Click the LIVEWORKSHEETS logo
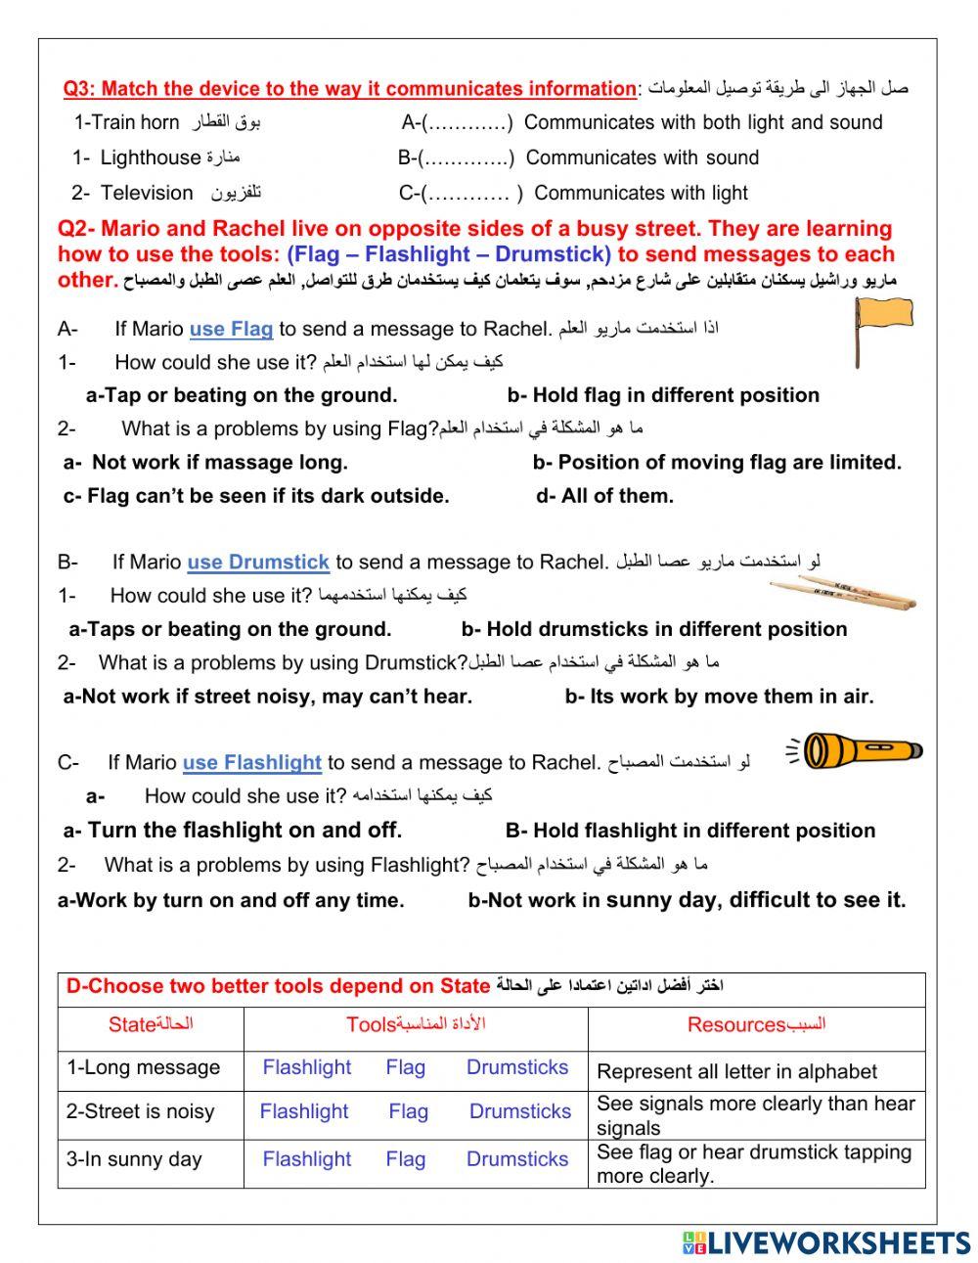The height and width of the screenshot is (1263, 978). [x=826, y=1242]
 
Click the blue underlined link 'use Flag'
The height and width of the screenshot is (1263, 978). [x=231, y=329]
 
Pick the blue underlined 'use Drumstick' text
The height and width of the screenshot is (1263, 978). [x=258, y=563]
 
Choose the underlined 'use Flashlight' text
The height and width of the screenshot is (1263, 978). [x=251, y=762]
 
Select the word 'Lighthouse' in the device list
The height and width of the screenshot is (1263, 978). [x=150, y=158]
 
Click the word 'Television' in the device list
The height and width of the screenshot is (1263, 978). [x=147, y=193]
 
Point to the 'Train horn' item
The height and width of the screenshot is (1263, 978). [x=127, y=122]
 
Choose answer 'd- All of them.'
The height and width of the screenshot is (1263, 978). [x=604, y=496]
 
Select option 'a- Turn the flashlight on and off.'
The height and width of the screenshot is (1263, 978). [x=233, y=831]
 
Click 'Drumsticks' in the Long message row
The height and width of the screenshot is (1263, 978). [x=516, y=1067]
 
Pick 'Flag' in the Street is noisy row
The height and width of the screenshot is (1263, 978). [x=408, y=1111]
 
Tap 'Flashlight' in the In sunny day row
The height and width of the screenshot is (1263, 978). [x=306, y=1159]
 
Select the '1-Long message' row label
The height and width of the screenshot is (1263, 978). [x=143, y=1067]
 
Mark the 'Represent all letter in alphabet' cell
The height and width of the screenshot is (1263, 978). [x=736, y=1072]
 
